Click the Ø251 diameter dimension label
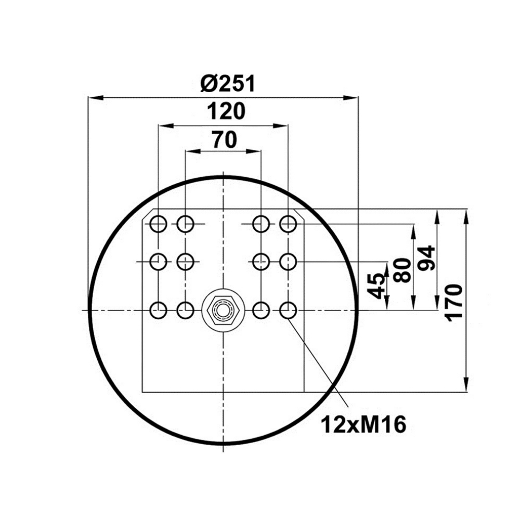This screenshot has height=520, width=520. tap(228, 83)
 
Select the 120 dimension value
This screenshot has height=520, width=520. tap(226, 111)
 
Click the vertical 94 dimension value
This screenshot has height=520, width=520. tap(426, 258)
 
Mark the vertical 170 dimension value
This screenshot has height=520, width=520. tap(453, 303)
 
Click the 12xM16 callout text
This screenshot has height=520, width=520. tap(363, 424)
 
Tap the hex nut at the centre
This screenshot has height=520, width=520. tap(224, 311)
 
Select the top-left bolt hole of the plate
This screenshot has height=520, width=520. tap(158, 224)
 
